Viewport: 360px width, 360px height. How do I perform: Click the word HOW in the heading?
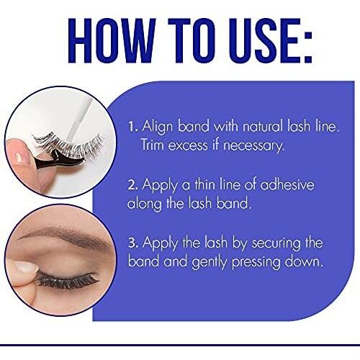pos(112,40)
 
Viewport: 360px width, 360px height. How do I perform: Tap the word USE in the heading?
pos(264,40)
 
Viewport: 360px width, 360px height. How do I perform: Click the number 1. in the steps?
pos(133,127)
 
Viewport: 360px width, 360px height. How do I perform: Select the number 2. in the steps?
pos(132,185)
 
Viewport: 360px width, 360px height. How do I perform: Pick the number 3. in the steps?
pos(133,243)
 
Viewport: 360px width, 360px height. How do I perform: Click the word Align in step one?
pos(158,127)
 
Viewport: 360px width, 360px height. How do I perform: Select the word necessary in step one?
pos(254,146)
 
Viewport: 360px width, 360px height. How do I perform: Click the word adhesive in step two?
pos(287,184)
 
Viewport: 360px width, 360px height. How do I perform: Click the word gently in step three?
pos(210,262)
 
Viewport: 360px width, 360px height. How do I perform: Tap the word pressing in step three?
pos(256,262)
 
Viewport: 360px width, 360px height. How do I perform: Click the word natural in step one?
pos(263,127)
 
